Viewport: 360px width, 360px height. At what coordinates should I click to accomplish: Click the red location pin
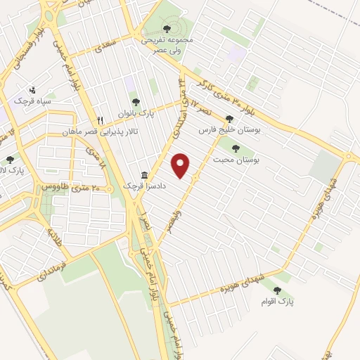tap(182, 165)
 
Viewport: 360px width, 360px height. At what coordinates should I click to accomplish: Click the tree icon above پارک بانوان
tap(136, 102)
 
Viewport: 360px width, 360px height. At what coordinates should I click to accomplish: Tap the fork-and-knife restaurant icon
tap(101, 120)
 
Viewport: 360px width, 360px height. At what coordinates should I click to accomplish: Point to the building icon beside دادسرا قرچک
tap(144, 174)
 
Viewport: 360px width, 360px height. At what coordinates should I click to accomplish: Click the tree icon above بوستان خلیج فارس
tap(229, 119)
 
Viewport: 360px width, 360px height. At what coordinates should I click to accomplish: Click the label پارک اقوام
tap(276, 302)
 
